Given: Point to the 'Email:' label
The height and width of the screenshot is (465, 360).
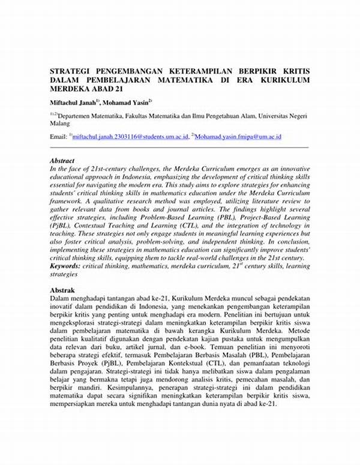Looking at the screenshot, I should [59, 137].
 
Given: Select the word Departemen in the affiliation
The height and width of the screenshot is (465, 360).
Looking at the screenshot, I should [77, 113].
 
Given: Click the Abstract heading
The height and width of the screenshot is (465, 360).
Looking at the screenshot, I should [62, 161].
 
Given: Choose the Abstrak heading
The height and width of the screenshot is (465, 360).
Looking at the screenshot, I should [62, 290].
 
